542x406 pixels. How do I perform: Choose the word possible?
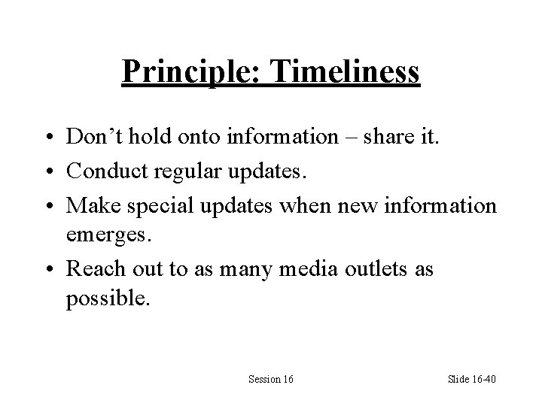108,298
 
